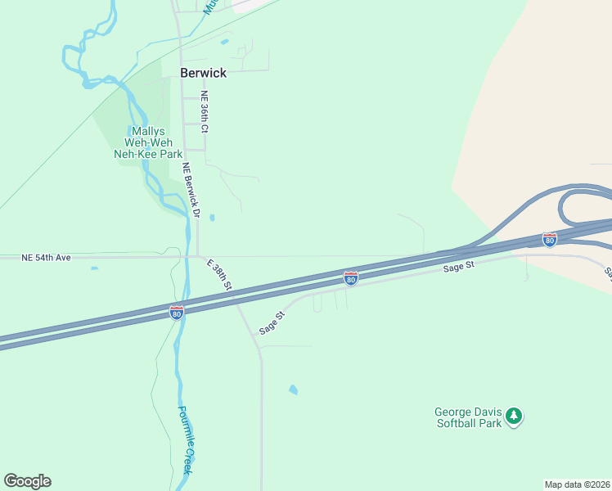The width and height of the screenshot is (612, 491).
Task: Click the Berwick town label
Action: click(203, 73)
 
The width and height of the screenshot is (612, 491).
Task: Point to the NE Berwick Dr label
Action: click(191, 189)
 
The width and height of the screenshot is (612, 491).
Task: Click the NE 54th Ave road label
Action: click(47, 258)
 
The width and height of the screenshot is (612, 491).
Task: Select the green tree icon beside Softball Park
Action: click(514, 417)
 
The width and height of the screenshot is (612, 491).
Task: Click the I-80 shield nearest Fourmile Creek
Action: click(177, 312)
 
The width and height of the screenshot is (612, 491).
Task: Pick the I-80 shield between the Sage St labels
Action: click(350, 279)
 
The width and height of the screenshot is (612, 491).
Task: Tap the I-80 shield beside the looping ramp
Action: click(549, 239)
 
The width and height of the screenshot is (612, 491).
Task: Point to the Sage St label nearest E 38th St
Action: click(271, 322)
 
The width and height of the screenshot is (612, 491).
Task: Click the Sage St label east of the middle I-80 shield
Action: click(458, 268)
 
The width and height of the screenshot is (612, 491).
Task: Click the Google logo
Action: click(28, 481)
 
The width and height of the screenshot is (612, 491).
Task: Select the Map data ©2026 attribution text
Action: click(578, 484)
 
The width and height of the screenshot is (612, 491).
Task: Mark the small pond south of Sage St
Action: click(293, 390)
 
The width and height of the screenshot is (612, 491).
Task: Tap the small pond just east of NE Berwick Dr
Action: click(212, 218)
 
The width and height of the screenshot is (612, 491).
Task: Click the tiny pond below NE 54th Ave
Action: click(94, 268)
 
